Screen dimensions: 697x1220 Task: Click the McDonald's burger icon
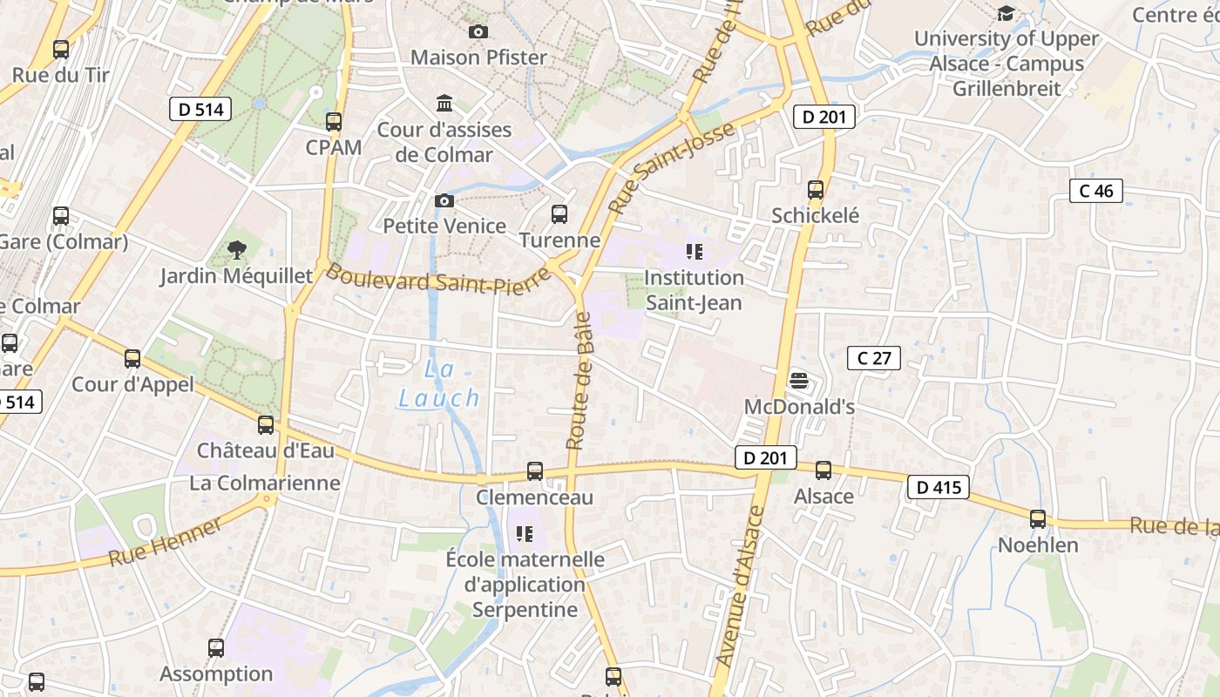click(x=798, y=381)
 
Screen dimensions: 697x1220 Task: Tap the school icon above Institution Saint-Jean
click(x=694, y=253)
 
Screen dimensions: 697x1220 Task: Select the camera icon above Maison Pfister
click(x=478, y=32)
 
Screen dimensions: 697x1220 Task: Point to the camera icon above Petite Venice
click(x=444, y=201)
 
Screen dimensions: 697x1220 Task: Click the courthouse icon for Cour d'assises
click(x=444, y=104)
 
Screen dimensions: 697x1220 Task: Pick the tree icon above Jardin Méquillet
click(x=236, y=251)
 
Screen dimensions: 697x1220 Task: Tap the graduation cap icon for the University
click(x=1006, y=13)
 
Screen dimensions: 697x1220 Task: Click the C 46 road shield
click(x=1095, y=191)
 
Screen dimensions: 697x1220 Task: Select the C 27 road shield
click(x=873, y=357)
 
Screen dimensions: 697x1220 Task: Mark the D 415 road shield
click(x=939, y=487)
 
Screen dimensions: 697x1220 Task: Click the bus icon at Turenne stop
click(x=559, y=213)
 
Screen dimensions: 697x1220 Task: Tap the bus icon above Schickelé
click(x=816, y=189)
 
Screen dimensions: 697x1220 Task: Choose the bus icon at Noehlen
click(x=1037, y=519)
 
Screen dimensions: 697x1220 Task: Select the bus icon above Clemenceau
click(x=535, y=471)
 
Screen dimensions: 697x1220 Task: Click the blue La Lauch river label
click(x=439, y=384)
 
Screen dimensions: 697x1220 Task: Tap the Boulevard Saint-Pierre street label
click(x=438, y=281)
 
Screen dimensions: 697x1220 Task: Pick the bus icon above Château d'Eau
click(x=266, y=425)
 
